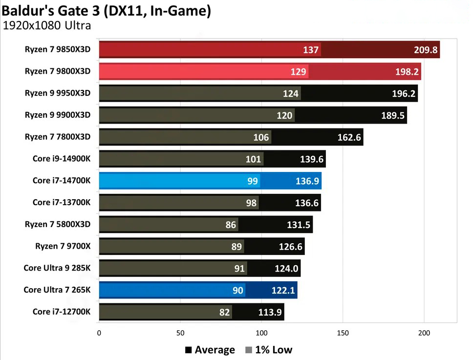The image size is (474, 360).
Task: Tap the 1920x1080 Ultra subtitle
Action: (47, 26)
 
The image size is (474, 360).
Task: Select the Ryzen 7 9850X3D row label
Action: (58, 49)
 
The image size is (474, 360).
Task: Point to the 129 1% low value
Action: (300, 72)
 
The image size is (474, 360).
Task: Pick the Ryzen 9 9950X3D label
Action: (58, 93)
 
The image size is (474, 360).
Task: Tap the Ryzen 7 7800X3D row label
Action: (58, 137)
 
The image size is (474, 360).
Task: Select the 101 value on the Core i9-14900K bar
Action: (253, 159)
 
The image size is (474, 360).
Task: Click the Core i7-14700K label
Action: (62, 180)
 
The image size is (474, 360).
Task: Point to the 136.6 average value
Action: (307, 203)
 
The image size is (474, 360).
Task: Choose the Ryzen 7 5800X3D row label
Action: (58, 224)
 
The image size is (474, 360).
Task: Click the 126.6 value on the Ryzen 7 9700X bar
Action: (290, 247)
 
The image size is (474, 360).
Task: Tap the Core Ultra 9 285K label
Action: (57, 268)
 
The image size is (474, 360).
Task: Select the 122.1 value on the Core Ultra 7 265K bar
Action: (283, 290)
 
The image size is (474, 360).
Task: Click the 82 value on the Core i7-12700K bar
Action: (224, 312)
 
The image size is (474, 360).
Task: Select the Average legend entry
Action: (210, 350)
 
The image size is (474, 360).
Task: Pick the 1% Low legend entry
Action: (268, 350)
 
